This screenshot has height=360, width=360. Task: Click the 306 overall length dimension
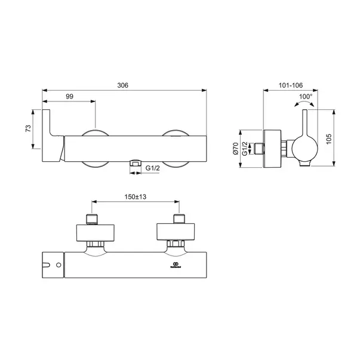(x=124, y=85)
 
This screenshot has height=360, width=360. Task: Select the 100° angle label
(x=306, y=96)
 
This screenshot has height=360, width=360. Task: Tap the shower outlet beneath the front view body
(x=136, y=162)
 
